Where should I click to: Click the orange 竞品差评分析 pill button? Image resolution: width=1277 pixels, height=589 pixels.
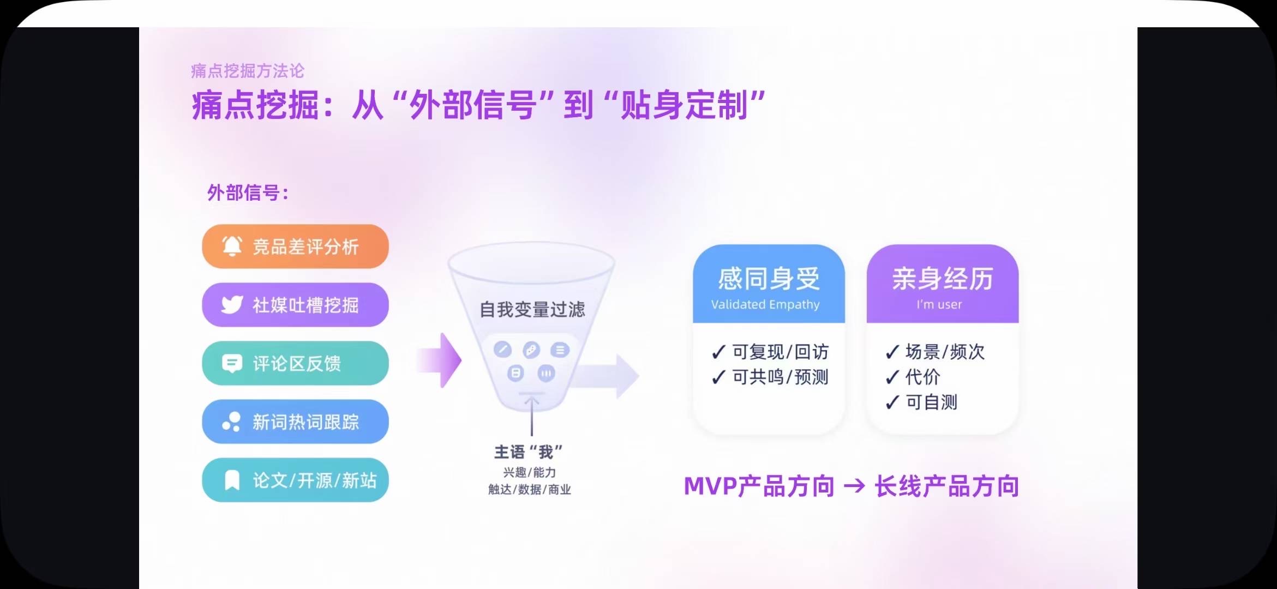point(295,247)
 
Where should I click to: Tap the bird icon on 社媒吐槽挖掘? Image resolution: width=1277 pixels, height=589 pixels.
point(232,304)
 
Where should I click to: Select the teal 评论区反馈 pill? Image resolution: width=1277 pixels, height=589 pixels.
point(295,363)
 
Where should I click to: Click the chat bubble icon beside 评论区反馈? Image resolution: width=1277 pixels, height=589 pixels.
point(232,363)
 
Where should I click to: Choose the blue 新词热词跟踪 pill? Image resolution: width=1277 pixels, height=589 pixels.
point(295,422)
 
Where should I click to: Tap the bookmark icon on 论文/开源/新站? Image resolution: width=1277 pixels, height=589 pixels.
point(232,480)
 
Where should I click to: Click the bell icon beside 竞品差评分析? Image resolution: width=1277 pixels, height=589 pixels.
point(232,246)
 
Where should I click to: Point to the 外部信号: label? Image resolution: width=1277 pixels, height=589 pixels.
point(248,193)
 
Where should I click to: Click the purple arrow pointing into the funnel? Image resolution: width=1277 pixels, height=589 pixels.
point(440,360)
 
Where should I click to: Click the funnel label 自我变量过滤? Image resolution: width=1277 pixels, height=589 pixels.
point(532,310)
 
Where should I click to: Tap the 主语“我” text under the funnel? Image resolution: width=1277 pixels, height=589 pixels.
point(528,452)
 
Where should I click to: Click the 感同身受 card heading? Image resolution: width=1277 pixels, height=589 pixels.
point(769,279)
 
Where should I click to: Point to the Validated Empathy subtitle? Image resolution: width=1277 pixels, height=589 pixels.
point(765,304)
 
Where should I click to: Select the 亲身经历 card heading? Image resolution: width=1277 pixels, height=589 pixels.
point(943,279)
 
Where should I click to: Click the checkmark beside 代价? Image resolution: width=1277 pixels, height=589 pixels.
point(892,377)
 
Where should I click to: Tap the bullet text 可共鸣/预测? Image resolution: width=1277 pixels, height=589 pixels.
point(780,377)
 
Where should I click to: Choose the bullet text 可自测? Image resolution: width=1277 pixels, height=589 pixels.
point(932,402)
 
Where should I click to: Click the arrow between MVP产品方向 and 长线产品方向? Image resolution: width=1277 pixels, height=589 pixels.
point(854,485)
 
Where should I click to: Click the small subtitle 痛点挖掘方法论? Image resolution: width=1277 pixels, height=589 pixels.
point(248,71)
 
